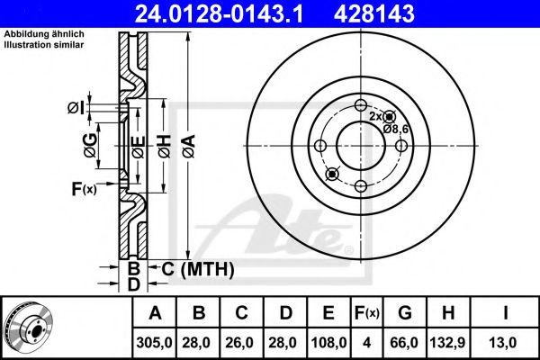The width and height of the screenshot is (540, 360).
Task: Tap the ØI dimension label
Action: coord(75,109)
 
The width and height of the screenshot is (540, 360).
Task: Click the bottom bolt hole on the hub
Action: coord(360,186)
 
